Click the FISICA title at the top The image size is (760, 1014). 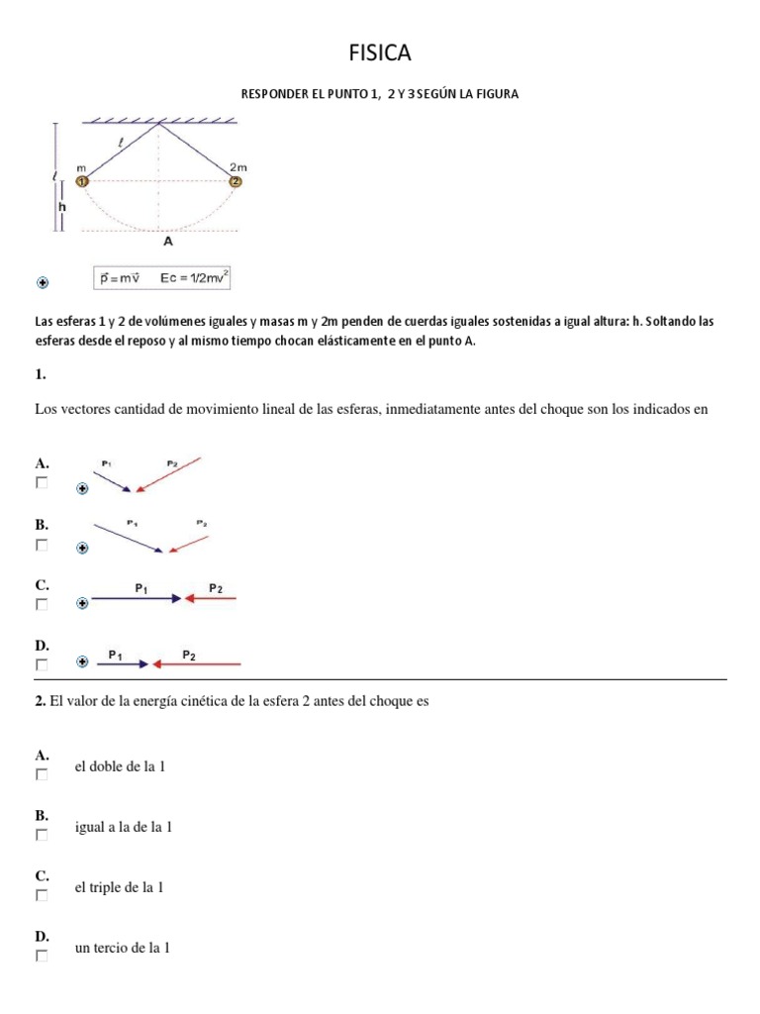tap(380, 51)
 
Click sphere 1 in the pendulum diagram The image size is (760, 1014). tap(83, 181)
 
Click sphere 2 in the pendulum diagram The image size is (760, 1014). tap(236, 181)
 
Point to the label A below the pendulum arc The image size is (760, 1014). tap(167, 241)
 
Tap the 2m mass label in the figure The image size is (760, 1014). tap(237, 167)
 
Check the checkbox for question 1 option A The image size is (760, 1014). tap(42, 483)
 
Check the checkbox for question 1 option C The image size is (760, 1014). tap(42, 604)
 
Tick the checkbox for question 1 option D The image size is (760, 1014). tap(42, 664)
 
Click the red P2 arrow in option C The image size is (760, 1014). tap(211, 598)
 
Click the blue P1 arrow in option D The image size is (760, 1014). tap(123, 663)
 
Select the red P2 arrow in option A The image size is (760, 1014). tap(169, 473)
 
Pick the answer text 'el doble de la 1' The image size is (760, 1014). tap(120, 767)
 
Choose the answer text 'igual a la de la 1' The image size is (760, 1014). tap(124, 827)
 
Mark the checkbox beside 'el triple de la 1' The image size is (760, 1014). tap(42, 895)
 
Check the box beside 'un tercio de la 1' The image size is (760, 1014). tap(42, 956)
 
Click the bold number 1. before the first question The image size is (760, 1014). tap(41, 374)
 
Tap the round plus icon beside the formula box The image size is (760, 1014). tap(43, 282)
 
